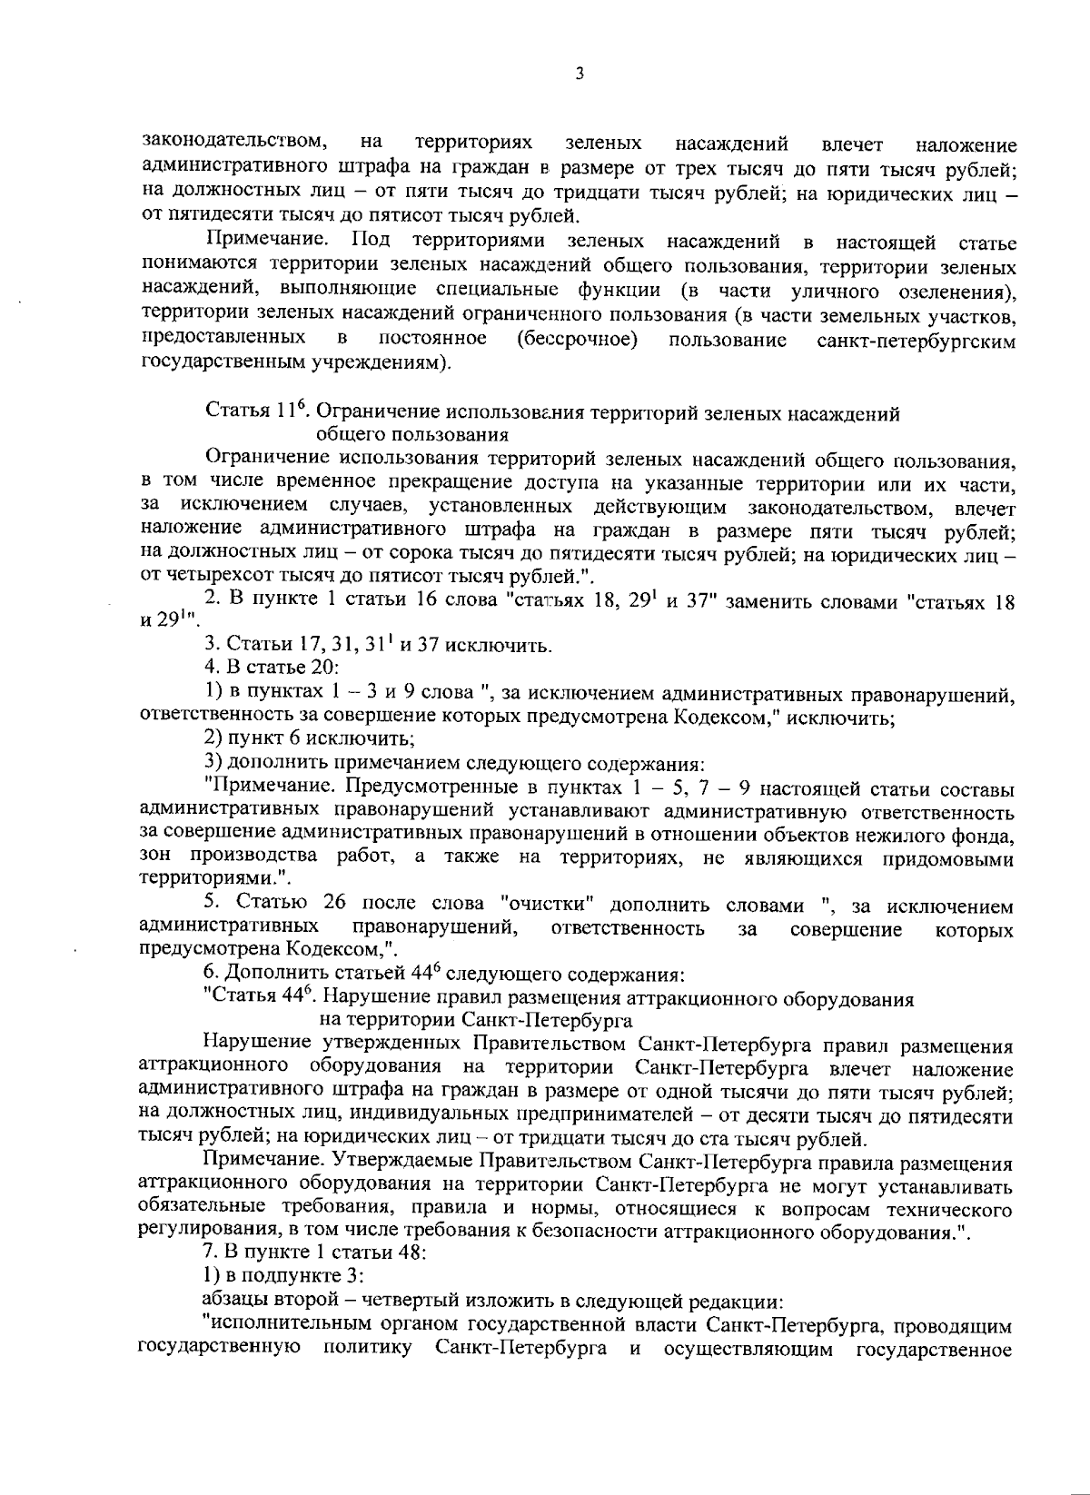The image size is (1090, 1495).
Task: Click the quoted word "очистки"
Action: click(547, 905)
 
